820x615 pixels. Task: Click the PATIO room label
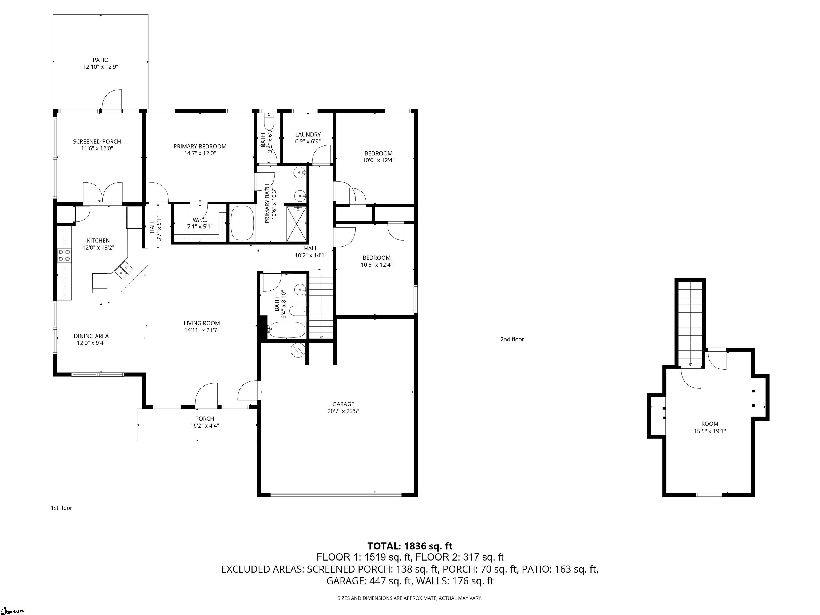(100, 60)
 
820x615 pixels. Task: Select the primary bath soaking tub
(242, 223)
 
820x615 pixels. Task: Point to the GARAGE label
(343, 404)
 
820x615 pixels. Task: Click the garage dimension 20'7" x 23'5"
(343, 411)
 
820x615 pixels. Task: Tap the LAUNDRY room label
(308, 135)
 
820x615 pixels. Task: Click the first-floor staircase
(321, 305)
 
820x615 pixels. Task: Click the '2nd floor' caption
(512, 339)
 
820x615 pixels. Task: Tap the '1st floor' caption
(62, 508)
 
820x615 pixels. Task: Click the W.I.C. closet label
(200, 220)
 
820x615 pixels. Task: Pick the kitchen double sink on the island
(123, 270)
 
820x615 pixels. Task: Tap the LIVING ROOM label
(202, 323)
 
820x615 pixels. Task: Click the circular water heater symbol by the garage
(299, 350)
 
